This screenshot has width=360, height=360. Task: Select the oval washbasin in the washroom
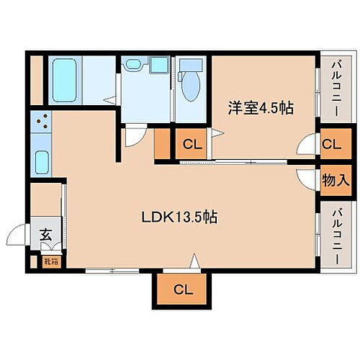coord(132,66)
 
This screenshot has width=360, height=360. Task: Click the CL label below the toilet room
coord(192,144)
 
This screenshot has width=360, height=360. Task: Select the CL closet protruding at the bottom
coord(182,289)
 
